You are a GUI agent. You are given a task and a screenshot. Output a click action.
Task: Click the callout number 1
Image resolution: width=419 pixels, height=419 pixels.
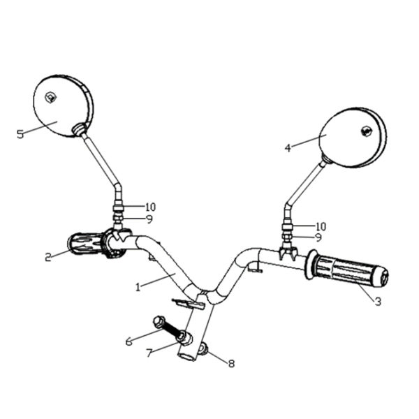(x=138, y=287)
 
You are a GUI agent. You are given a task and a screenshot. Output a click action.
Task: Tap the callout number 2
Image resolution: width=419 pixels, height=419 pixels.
(x=48, y=257)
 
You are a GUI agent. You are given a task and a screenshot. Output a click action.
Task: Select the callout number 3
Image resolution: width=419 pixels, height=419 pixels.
(x=378, y=302)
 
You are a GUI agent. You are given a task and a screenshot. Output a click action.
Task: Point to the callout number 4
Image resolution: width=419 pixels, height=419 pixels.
(x=288, y=148)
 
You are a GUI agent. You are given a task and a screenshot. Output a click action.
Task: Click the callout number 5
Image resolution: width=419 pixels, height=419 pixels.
(x=20, y=134)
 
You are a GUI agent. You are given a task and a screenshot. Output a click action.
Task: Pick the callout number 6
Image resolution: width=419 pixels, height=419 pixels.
(x=128, y=341)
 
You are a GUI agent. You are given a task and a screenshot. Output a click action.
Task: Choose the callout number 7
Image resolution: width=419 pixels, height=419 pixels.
(x=149, y=353)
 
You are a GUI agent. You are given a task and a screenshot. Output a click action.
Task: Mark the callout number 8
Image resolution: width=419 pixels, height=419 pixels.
(x=231, y=363)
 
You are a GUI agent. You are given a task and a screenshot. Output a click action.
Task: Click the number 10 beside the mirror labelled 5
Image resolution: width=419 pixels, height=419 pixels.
(x=150, y=207)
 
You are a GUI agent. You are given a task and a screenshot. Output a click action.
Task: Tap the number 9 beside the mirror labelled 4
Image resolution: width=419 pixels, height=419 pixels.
(x=318, y=237)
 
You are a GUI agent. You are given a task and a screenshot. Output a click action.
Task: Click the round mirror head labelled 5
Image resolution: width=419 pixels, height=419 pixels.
(x=64, y=106)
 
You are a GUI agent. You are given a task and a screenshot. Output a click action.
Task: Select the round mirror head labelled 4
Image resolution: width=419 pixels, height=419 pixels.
(x=353, y=138)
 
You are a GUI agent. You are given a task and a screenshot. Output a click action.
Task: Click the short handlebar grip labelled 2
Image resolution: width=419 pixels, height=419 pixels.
(x=84, y=244)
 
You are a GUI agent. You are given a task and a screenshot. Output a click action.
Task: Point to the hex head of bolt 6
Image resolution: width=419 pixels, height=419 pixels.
(x=159, y=321)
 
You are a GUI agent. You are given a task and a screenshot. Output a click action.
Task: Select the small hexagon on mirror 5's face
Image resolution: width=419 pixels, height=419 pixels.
(x=50, y=97)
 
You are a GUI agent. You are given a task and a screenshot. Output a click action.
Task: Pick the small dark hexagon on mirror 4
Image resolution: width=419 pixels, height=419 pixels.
(x=367, y=131)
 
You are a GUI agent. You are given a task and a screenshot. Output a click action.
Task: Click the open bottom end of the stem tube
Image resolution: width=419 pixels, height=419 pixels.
(x=187, y=356)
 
